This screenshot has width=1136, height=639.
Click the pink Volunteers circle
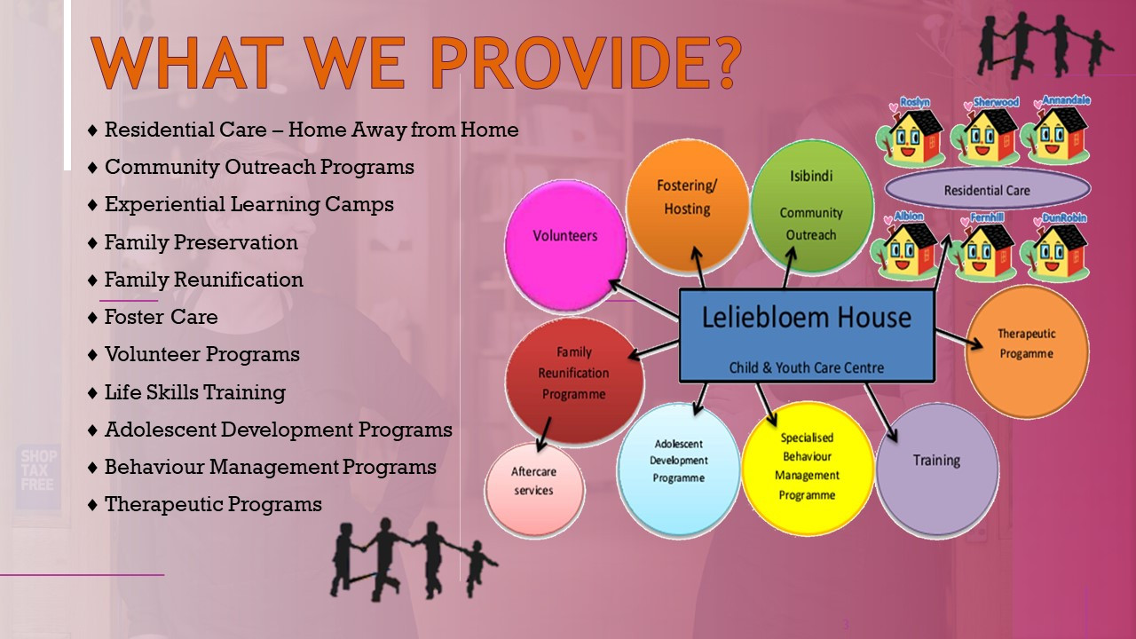click(565, 246)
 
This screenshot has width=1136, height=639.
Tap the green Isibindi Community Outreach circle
click(811, 206)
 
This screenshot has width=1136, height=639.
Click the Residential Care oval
click(988, 189)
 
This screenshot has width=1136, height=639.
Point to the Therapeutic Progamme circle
click(1027, 351)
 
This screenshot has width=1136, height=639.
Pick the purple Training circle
click(937, 469)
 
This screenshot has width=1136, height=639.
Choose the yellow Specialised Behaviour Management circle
click(808, 468)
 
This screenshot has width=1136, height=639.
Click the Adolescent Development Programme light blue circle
click(679, 469)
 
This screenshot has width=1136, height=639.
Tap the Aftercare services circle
click(534, 489)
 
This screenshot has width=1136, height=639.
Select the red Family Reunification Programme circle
click(574, 382)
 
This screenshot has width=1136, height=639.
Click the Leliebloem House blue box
click(807, 335)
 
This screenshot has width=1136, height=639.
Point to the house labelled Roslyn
click(910, 132)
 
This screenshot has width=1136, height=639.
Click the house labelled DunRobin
click(1055, 248)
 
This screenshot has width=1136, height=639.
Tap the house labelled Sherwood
click(984, 132)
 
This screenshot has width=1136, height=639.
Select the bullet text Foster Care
click(162, 317)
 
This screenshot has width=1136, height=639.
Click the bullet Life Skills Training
click(195, 392)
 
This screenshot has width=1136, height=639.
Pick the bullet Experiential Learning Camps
click(249, 204)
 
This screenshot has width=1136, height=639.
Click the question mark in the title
click(722, 62)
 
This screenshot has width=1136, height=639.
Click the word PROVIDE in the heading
click(567, 63)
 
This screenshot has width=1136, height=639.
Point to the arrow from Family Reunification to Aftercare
click(544, 434)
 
